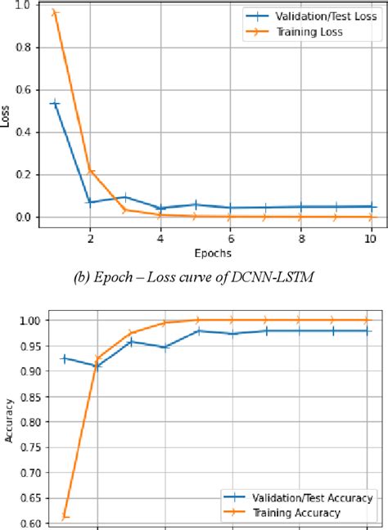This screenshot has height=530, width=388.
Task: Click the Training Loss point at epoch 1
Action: pos(55,12)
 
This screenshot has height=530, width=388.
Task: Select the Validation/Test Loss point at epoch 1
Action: pos(55,103)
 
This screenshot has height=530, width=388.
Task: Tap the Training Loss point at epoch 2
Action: pos(90,171)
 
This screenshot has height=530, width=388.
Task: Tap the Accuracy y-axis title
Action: pos(8,420)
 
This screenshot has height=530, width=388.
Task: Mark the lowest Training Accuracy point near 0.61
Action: pos(64,517)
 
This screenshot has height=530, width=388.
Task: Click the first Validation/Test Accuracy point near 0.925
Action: pos(64,358)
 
